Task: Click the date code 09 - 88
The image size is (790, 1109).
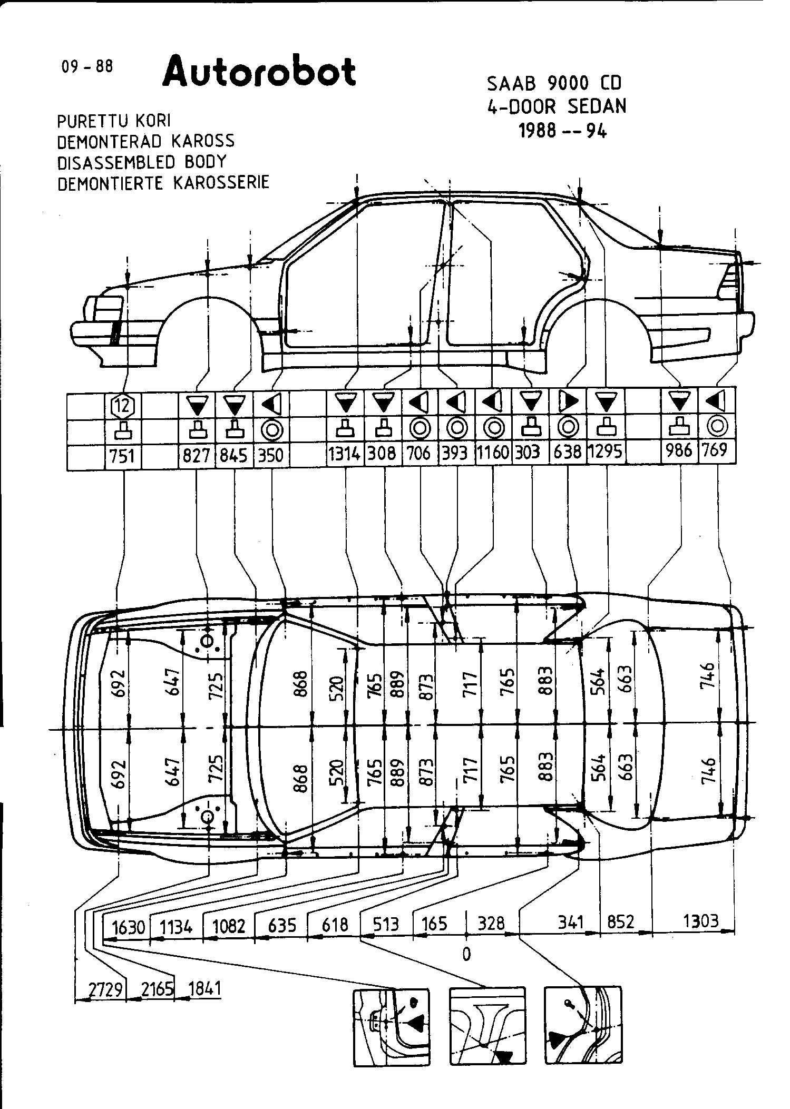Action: coord(87,67)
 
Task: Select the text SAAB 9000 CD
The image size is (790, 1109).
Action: coord(554,83)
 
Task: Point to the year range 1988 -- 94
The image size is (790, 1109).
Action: coord(563,130)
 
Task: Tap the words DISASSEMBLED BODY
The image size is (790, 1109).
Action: coord(141,162)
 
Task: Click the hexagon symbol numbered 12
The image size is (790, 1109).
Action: coord(123,405)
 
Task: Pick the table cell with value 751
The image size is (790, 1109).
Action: coord(123,455)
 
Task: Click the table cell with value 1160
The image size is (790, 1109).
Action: coord(493,453)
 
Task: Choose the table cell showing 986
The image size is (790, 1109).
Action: coord(679,451)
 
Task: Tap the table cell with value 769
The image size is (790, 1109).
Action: coord(716,451)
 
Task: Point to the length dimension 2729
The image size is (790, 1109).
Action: coord(105,989)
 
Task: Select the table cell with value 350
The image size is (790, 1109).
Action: coord(271,455)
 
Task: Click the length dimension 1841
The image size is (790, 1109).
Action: coord(204,989)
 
